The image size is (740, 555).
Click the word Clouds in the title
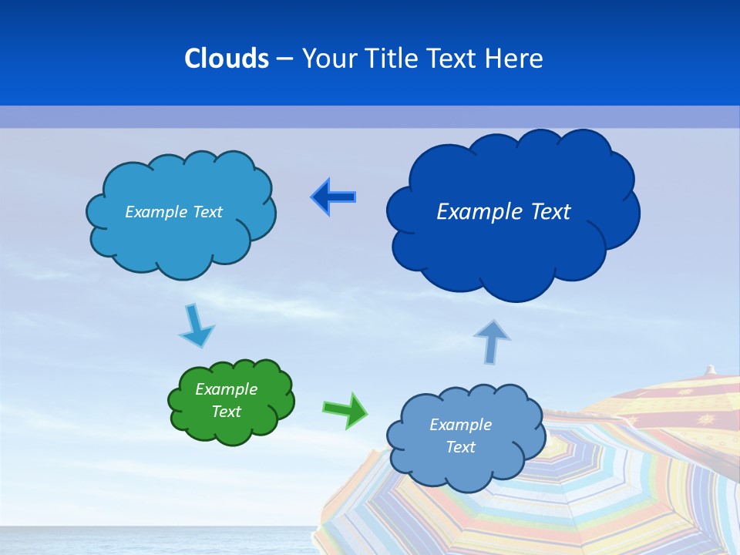[227, 58]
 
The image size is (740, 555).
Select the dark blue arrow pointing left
[333, 197]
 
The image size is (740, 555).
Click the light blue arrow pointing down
[196, 325]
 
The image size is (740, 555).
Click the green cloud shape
[231, 402]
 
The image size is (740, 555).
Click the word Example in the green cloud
[226, 389]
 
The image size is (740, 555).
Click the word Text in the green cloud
[226, 412]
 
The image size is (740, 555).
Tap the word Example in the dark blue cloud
[474, 212]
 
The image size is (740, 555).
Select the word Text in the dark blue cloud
[546, 212]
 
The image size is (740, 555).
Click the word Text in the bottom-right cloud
[460, 447]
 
